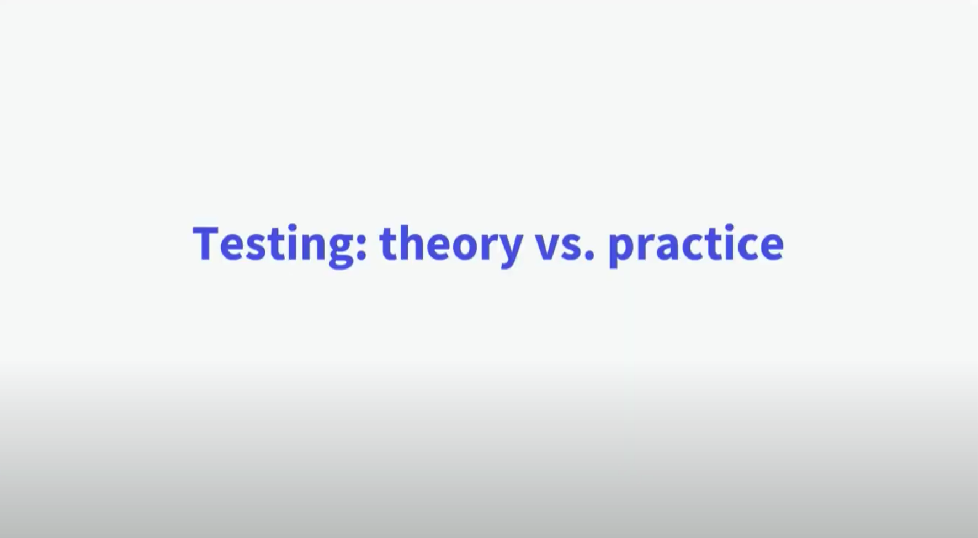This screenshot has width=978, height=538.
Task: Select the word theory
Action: (451, 245)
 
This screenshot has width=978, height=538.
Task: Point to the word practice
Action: (695, 245)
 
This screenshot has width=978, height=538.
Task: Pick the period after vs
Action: (589, 255)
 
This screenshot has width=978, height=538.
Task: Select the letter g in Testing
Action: (341, 250)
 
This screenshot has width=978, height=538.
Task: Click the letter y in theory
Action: (509, 250)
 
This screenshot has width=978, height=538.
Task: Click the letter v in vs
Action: (549, 246)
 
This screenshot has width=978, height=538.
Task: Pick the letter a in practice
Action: (668, 246)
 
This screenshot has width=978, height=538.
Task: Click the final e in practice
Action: (770, 246)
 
